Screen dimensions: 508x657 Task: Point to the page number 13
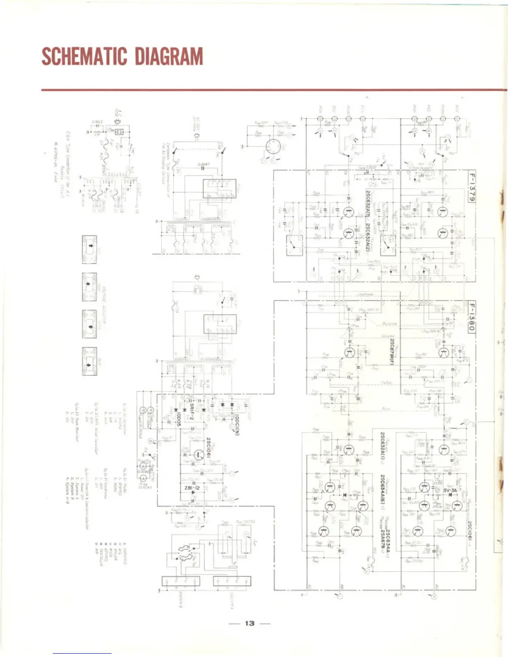pyautogui.click(x=249, y=623)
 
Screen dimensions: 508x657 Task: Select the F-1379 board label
pyautogui.click(x=471, y=186)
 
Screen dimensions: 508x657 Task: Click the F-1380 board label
pyautogui.click(x=471, y=316)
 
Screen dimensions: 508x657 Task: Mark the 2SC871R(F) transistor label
pyautogui.click(x=391, y=351)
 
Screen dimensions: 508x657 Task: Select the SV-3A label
pyautogui.click(x=450, y=490)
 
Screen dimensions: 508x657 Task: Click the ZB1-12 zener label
pyautogui.click(x=192, y=488)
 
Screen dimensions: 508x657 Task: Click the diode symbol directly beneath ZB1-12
pyautogui.click(x=193, y=493)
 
